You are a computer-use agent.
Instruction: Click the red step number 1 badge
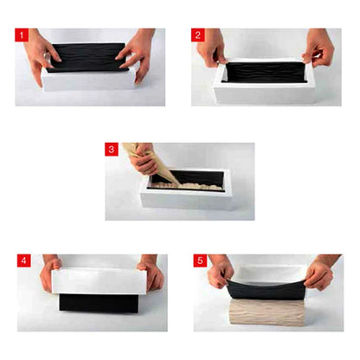(22, 35)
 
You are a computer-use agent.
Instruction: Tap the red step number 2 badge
(197, 35)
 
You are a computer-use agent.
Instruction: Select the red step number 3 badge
(112, 149)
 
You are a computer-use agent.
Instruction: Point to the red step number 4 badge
(22, 260)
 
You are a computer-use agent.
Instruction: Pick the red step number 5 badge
(198, 260)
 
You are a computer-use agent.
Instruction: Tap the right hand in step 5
(319, 275)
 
